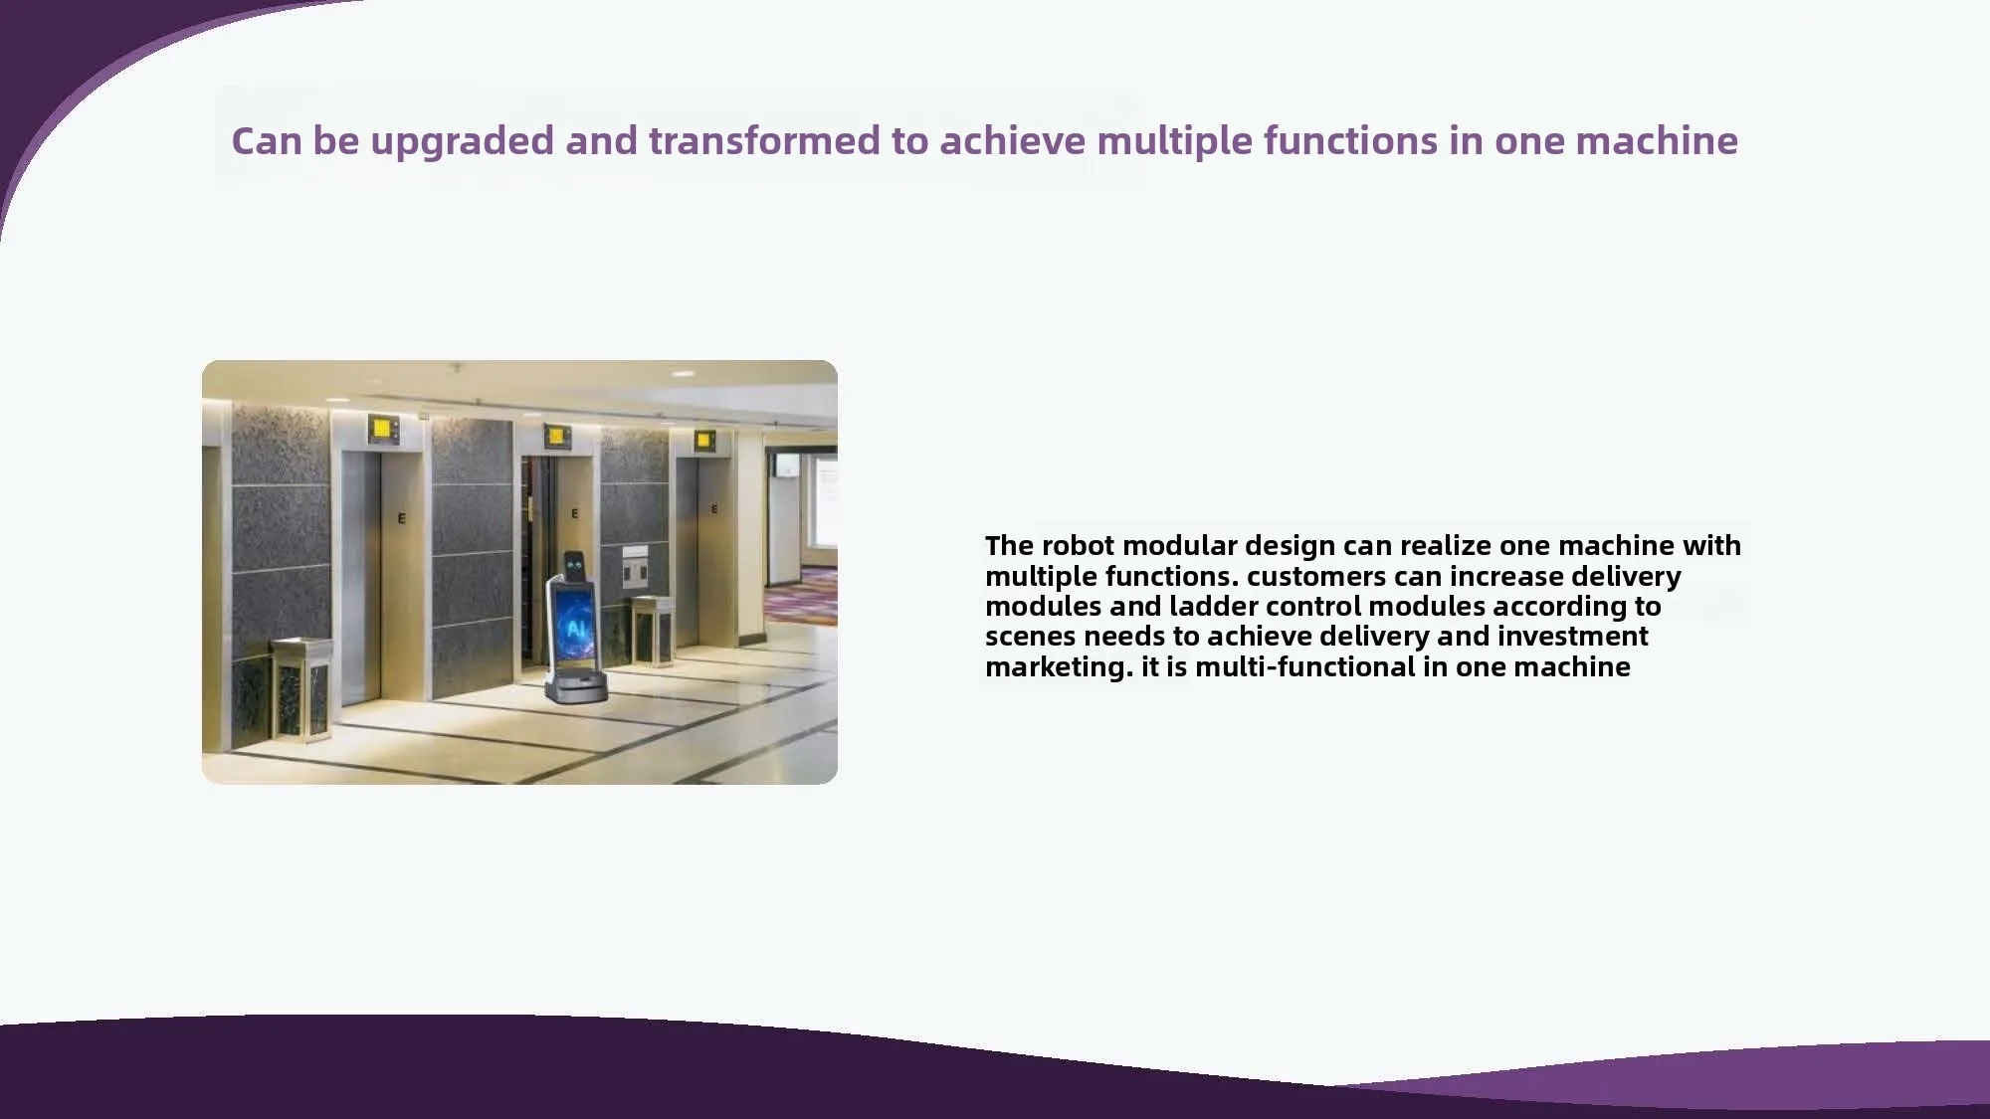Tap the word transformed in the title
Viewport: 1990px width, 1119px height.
click(x=763, y=140)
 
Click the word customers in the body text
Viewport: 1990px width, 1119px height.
click(x=1314, y=576)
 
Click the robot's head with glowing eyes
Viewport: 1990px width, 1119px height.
click(x=575, y=566)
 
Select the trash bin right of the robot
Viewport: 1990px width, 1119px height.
click(x=652, y=630)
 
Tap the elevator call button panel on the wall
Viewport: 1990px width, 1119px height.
click(x=635, y=567)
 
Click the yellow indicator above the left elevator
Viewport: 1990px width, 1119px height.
click(x=382, y=430)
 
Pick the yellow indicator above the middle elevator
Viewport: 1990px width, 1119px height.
click(x=555, y=435)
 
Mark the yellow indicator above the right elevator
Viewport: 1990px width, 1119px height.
click(x=704, y=439)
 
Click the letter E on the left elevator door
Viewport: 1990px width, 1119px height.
click(x=402, y=518)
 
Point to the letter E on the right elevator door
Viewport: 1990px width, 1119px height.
click(x=714, y=509)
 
